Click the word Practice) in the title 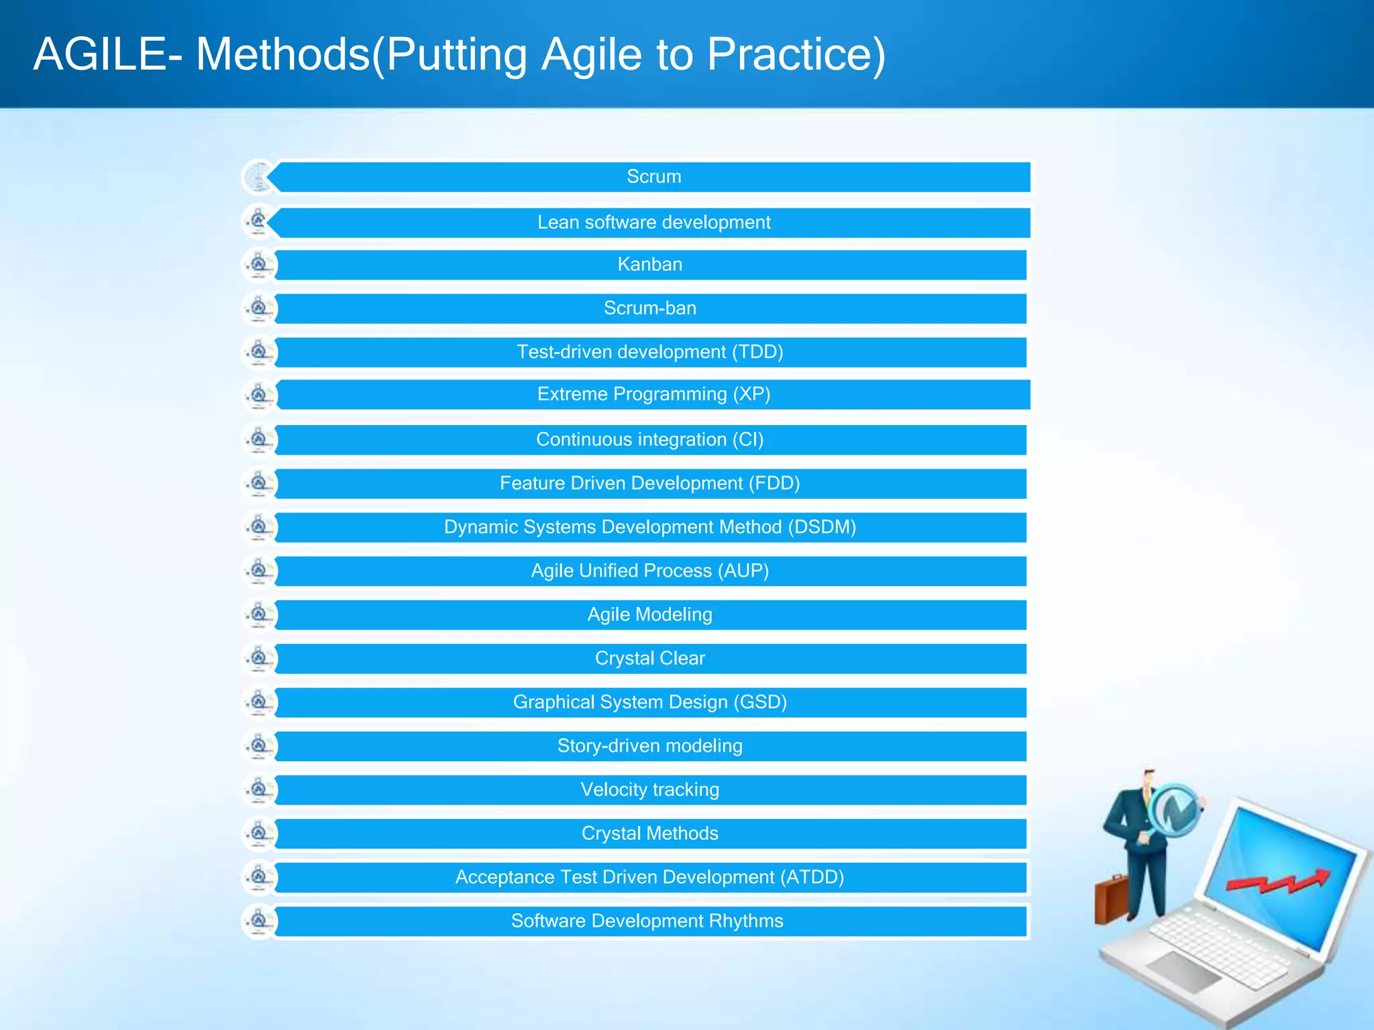tap(796, 55)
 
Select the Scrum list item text tap(653, 177)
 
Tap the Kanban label tap(649, 265)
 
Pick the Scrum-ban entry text tap(649, 308)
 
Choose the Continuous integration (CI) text tap(649, 440)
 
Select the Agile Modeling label tap(649, 615)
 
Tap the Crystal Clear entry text tap(649, 659)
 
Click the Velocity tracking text tap(649, 790)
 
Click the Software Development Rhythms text tap(647, 921)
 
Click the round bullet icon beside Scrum tap(258, 177)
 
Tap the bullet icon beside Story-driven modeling tap(258, 746)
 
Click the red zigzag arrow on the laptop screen tap(1278, 882)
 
